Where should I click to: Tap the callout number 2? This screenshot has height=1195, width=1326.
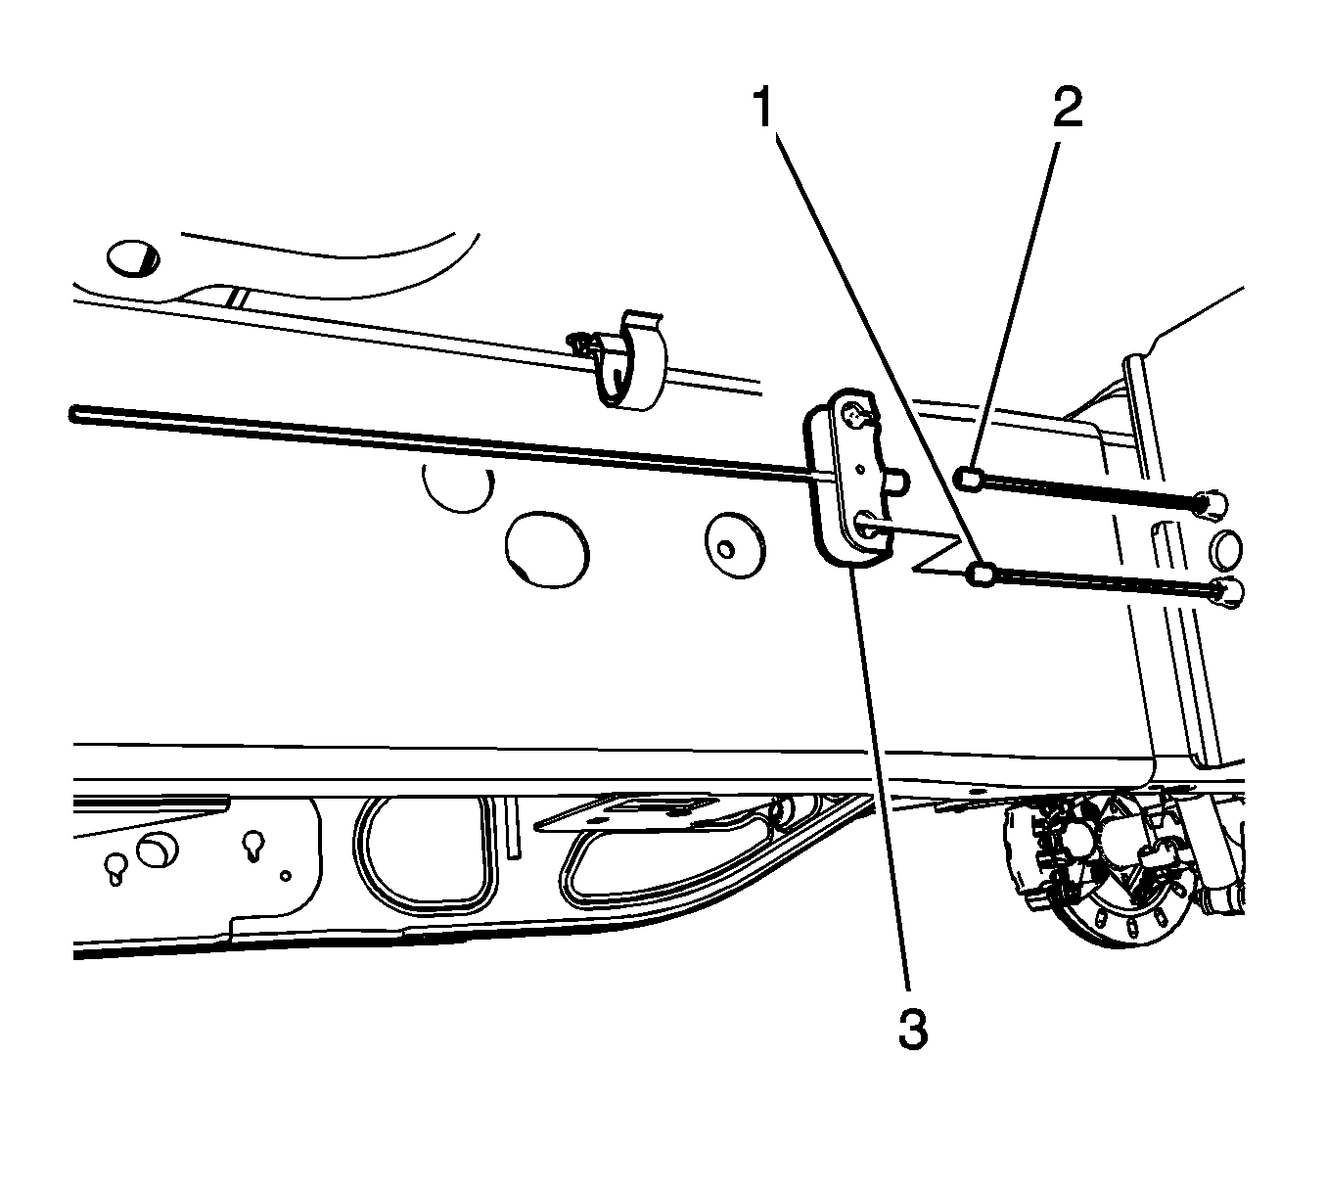[x=1068, y=107]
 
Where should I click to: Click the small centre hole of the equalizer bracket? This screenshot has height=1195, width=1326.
[x=859, y=469]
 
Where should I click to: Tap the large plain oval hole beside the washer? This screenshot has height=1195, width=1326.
[x=547, y=548]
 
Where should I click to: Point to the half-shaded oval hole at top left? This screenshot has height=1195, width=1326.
[x=133, y=258]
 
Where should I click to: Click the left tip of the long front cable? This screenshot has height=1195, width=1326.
[x=72, y=414]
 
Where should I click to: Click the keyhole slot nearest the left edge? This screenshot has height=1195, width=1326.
[x=115, y=870]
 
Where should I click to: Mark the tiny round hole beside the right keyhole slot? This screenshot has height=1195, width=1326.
[x=286, y=876]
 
